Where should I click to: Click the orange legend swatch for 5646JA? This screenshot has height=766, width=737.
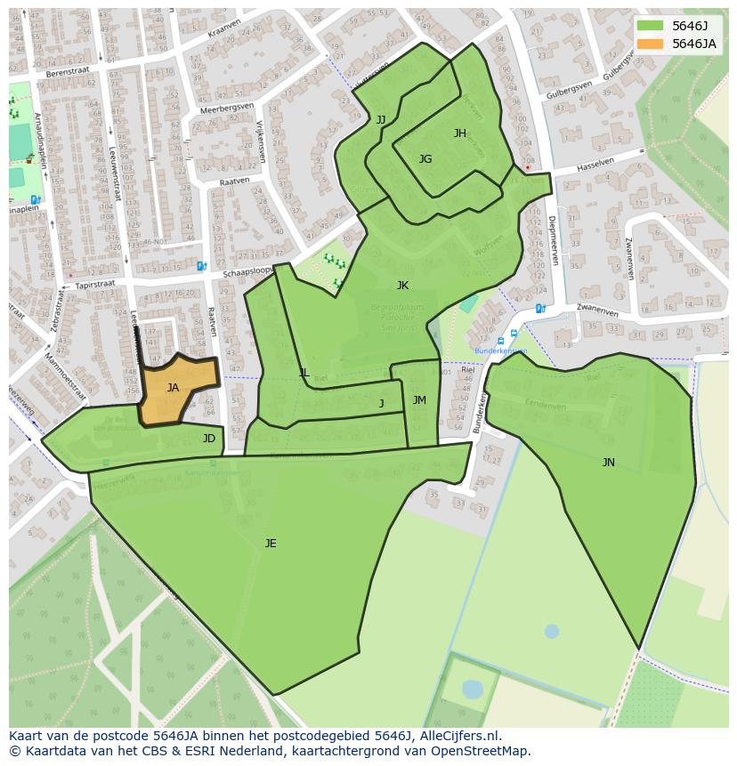point(651,44)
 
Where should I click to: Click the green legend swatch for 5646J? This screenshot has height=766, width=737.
point(651,26)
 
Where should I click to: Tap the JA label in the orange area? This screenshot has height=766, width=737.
point(173,388)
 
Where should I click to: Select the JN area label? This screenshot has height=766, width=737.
point(608,463)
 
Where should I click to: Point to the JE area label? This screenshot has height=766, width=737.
point(271,544)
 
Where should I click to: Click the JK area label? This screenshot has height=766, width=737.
point(402,286)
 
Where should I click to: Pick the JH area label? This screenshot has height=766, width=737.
point(459,133)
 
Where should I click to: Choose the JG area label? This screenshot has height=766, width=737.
point(425,159)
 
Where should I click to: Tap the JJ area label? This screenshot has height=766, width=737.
point(381,119)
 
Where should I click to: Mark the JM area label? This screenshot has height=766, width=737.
point(419,400)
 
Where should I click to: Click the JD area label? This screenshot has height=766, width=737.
point(208,439)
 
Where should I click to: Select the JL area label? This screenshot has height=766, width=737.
point(304,373)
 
